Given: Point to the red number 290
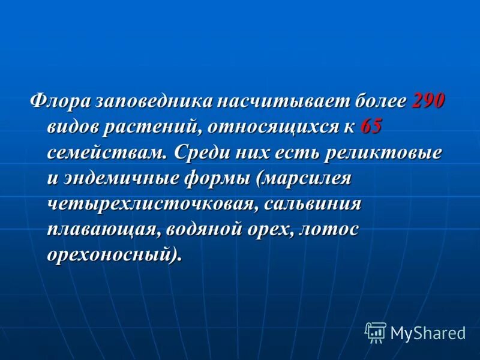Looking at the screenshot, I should [428, 100].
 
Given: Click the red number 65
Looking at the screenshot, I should [371, 126].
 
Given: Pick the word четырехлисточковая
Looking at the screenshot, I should [153, 203].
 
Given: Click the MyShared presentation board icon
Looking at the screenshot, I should [376, 332].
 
